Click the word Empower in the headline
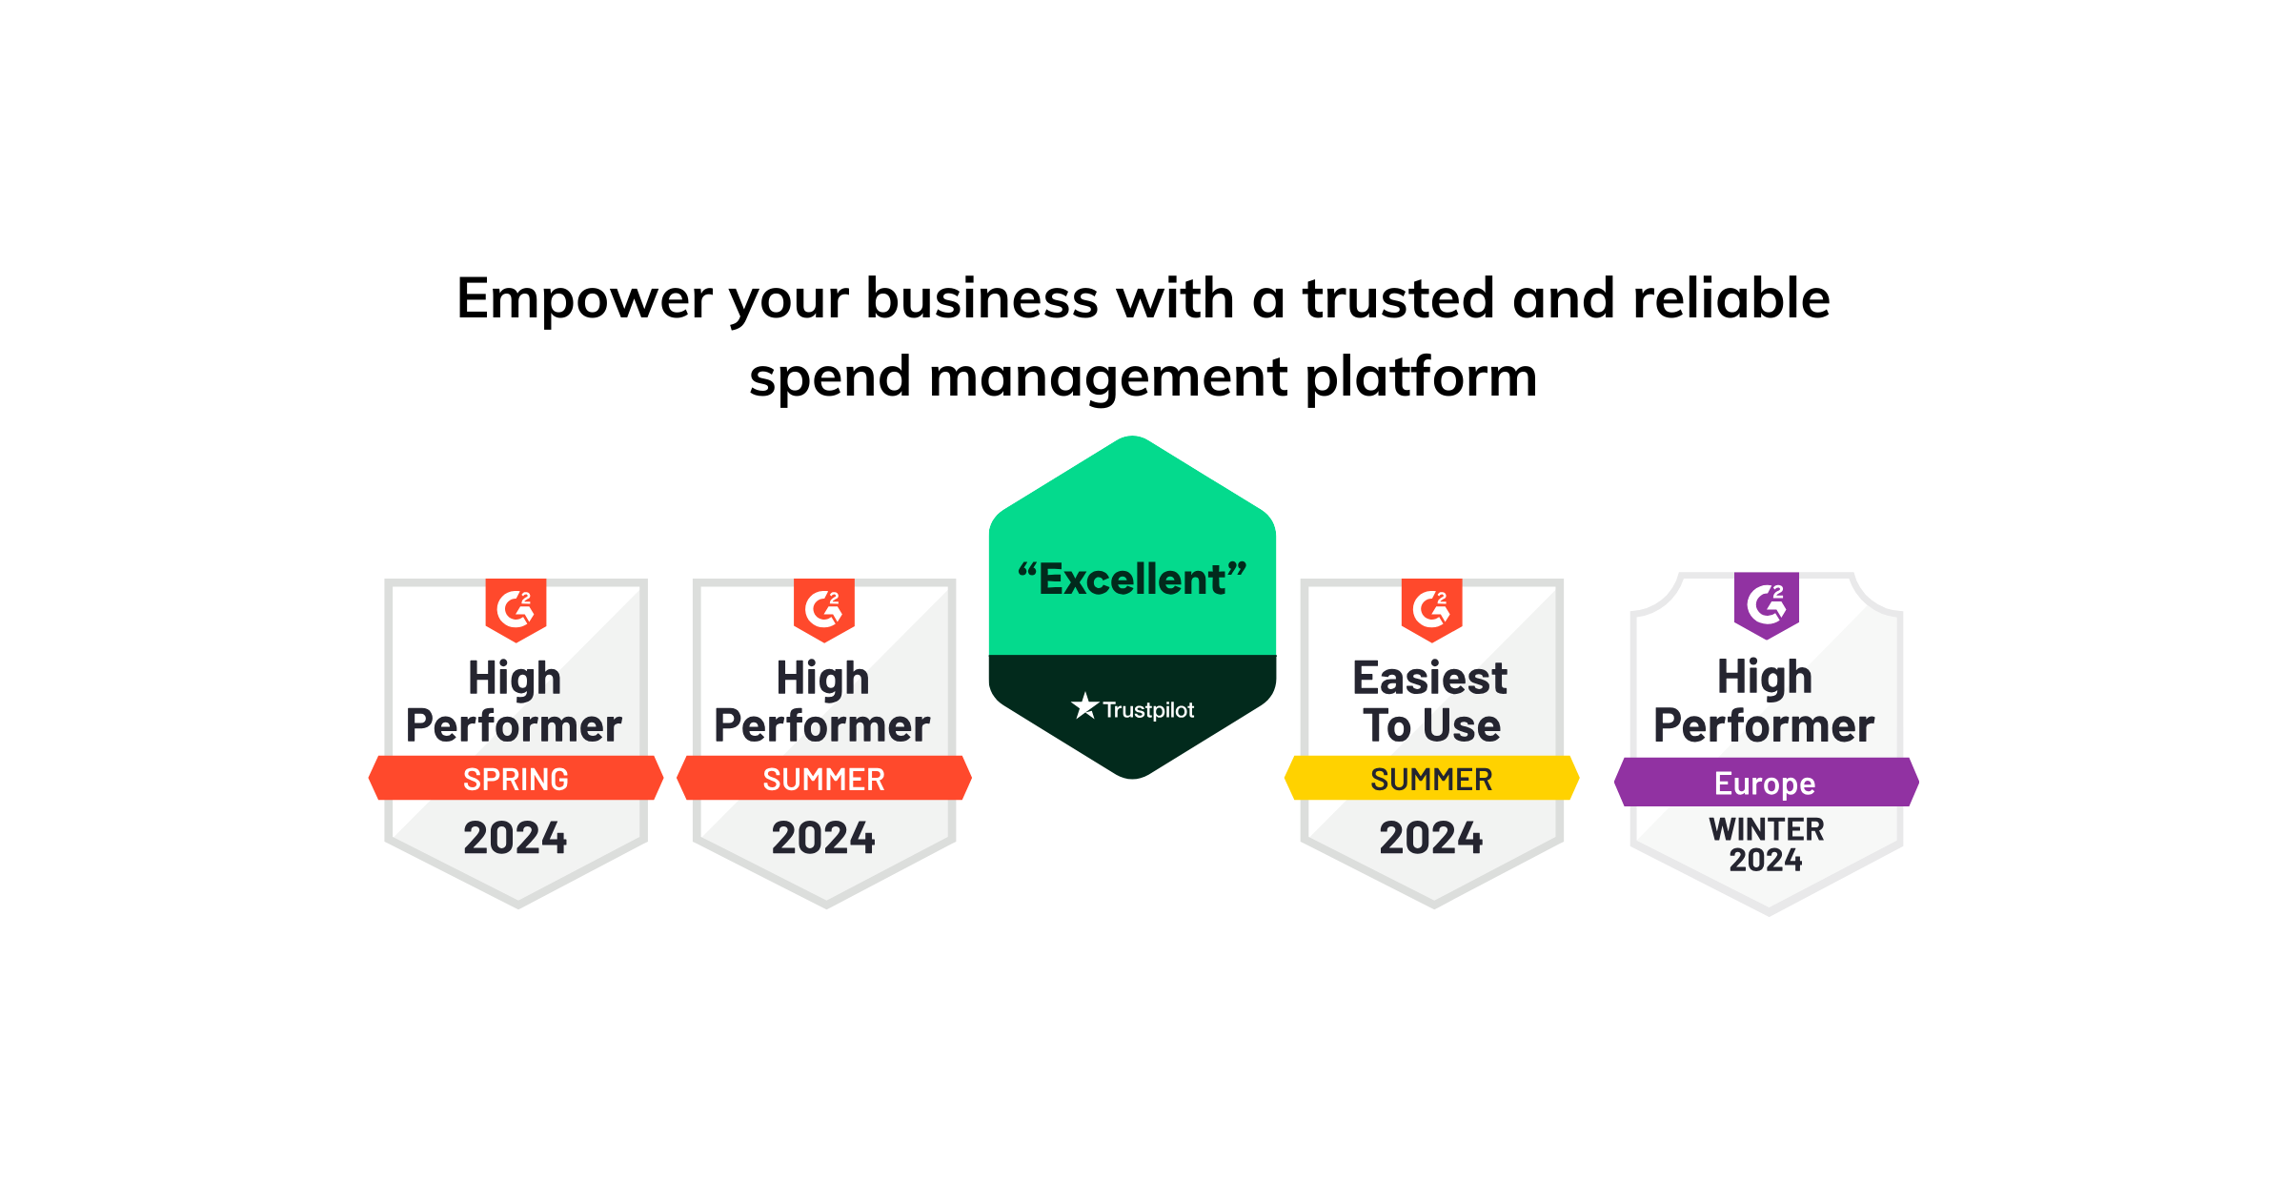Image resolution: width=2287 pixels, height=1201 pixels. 584,298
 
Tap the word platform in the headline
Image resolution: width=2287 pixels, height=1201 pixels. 1421,377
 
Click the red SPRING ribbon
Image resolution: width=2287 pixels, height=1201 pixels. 516,779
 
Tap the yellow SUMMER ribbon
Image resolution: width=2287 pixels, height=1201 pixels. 1431,779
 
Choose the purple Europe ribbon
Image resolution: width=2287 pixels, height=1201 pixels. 1765,783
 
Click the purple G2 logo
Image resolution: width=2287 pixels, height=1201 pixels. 1766,604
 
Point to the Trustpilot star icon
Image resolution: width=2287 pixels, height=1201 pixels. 1084,706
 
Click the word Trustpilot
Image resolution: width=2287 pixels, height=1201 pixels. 1148,710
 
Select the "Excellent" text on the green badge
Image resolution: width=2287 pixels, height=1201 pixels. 1132,580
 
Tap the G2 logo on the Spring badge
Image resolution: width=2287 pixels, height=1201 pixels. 516,608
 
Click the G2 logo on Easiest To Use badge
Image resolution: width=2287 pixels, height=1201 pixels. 1431,608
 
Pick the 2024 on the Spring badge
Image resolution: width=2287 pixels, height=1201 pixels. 516,839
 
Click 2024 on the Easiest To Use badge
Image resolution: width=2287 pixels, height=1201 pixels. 1431,839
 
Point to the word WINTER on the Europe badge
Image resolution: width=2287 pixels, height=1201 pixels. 1766,829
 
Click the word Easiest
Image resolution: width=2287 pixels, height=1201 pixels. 1430,679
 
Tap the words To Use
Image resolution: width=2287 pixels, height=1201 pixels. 1431,726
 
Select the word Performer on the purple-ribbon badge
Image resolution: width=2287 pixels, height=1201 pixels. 1764,726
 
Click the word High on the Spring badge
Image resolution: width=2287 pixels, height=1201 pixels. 515,679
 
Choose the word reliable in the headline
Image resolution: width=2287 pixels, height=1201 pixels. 1731,298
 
